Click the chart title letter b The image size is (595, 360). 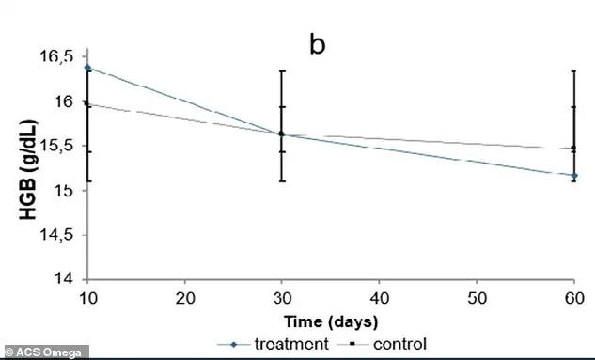click(318, 45)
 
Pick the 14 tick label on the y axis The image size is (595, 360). click(64, 280)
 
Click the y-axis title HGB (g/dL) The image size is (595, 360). click(30, 170)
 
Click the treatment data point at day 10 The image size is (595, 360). click(86, 68)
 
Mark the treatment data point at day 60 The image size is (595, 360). click(573, 175)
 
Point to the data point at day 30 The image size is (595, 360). click(281, 134)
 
